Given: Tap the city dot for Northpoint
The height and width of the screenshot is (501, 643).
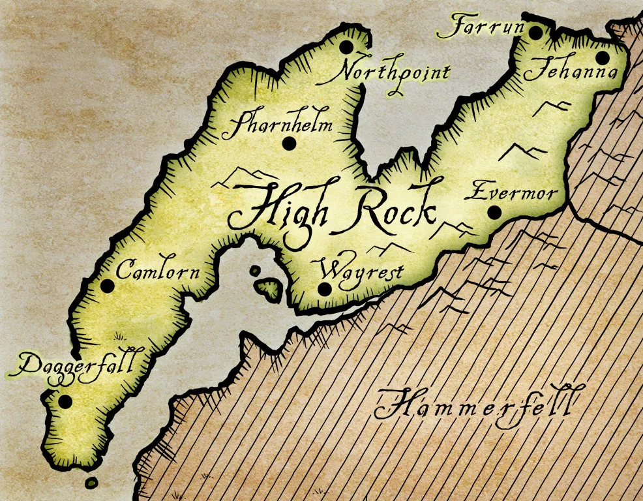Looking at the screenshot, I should coord(346,47).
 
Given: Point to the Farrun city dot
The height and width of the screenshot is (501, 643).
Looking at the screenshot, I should coord(535,33).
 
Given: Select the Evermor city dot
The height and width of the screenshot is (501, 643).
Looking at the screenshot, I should coord(494,212).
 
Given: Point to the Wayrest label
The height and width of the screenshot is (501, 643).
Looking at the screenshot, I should coord(362,269).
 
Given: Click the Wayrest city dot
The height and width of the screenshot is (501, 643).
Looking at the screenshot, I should coord(324,288).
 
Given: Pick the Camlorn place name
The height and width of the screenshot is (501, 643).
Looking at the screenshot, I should coord(157,270).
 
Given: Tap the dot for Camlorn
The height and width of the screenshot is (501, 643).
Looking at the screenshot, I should coord(107,286).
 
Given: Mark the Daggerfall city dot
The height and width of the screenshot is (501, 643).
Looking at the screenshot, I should coord(65,401).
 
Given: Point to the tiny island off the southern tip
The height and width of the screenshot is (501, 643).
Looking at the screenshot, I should coord(91,483).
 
